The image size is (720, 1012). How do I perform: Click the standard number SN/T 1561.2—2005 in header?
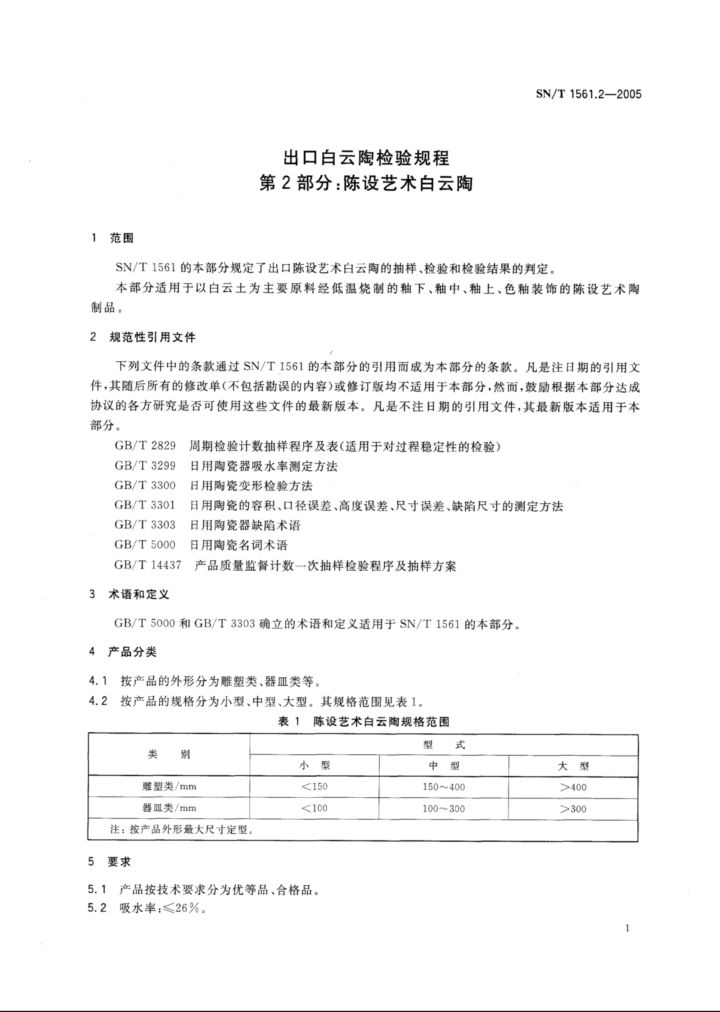pyautogui.click(x=588, y=94)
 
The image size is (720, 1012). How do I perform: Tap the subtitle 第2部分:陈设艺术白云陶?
pyautogui.click(x=366, y=183)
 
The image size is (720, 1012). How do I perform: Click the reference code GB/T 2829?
pyautogui.click(x=145, y=446)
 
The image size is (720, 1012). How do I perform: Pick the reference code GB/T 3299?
pyautogui.click(x=145, y=466)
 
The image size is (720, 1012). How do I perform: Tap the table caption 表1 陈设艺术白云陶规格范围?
pyautogui.click(x=364, y=722)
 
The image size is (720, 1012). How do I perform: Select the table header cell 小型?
pyautogui.click(x=314, y=765)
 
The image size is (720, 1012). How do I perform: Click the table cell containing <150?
pyautogui.click(x=314, y=787)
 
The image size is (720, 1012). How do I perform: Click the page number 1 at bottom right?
pyautogui.click(x=627, y=928)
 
